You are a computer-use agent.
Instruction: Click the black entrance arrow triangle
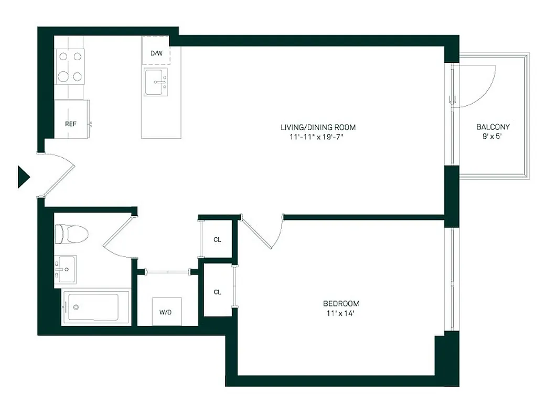[23, 177]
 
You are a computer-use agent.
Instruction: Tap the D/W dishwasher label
[156, 53]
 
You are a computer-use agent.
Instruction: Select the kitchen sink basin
[156, 83]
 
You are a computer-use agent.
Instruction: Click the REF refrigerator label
[70, 124]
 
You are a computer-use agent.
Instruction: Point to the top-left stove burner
[63, 56]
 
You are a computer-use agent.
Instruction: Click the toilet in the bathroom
[71, 234]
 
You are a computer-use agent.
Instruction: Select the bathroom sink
[66, 269]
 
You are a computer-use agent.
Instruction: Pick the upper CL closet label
[217, 240]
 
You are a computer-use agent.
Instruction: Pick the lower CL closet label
[217, 292]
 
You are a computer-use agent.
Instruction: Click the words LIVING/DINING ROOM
[318, 127]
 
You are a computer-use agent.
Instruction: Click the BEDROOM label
[341, 304]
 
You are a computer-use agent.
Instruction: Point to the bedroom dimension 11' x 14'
[341, 314]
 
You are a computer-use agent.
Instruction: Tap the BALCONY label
[493, 127]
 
